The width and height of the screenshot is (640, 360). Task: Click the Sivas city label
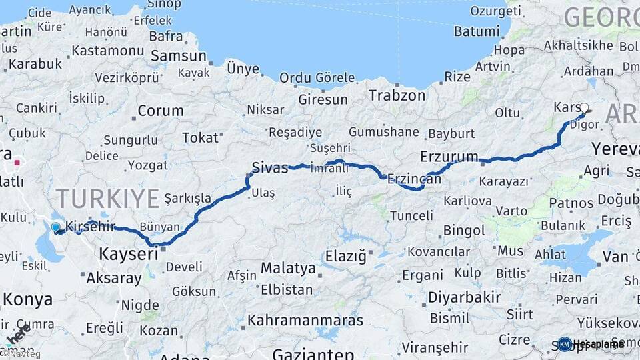click(x=270, y=167)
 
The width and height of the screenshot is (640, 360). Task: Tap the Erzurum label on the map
click(x=449, y=157)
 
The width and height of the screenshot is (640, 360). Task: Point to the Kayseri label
click(x=129, y=253)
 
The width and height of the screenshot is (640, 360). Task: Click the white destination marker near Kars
click(x=585, y=108)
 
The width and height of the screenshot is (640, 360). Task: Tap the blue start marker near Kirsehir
click(x=56, y=227)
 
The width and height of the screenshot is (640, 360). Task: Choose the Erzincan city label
click(x=415, y=179)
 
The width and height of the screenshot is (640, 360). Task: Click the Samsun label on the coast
click(x=178, y=56)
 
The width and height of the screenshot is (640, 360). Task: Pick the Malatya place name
click(x=288, y=268)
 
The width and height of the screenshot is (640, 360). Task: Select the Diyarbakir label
click(x=465, y=297)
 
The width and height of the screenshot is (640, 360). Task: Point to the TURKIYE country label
click(x=107, y=198)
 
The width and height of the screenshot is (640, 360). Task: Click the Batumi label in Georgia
click(x=476, y=31)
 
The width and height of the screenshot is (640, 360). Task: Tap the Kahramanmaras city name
click(x=305, y=320)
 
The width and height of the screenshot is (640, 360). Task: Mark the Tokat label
click(x=201, y=137)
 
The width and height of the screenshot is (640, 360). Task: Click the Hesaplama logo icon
click(x=565, y=344)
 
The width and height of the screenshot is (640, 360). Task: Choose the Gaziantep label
click(x=313, y=353)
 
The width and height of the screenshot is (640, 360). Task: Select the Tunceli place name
click(x=411, y=215)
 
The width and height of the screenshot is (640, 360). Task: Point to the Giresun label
click(x=323, y=99)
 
